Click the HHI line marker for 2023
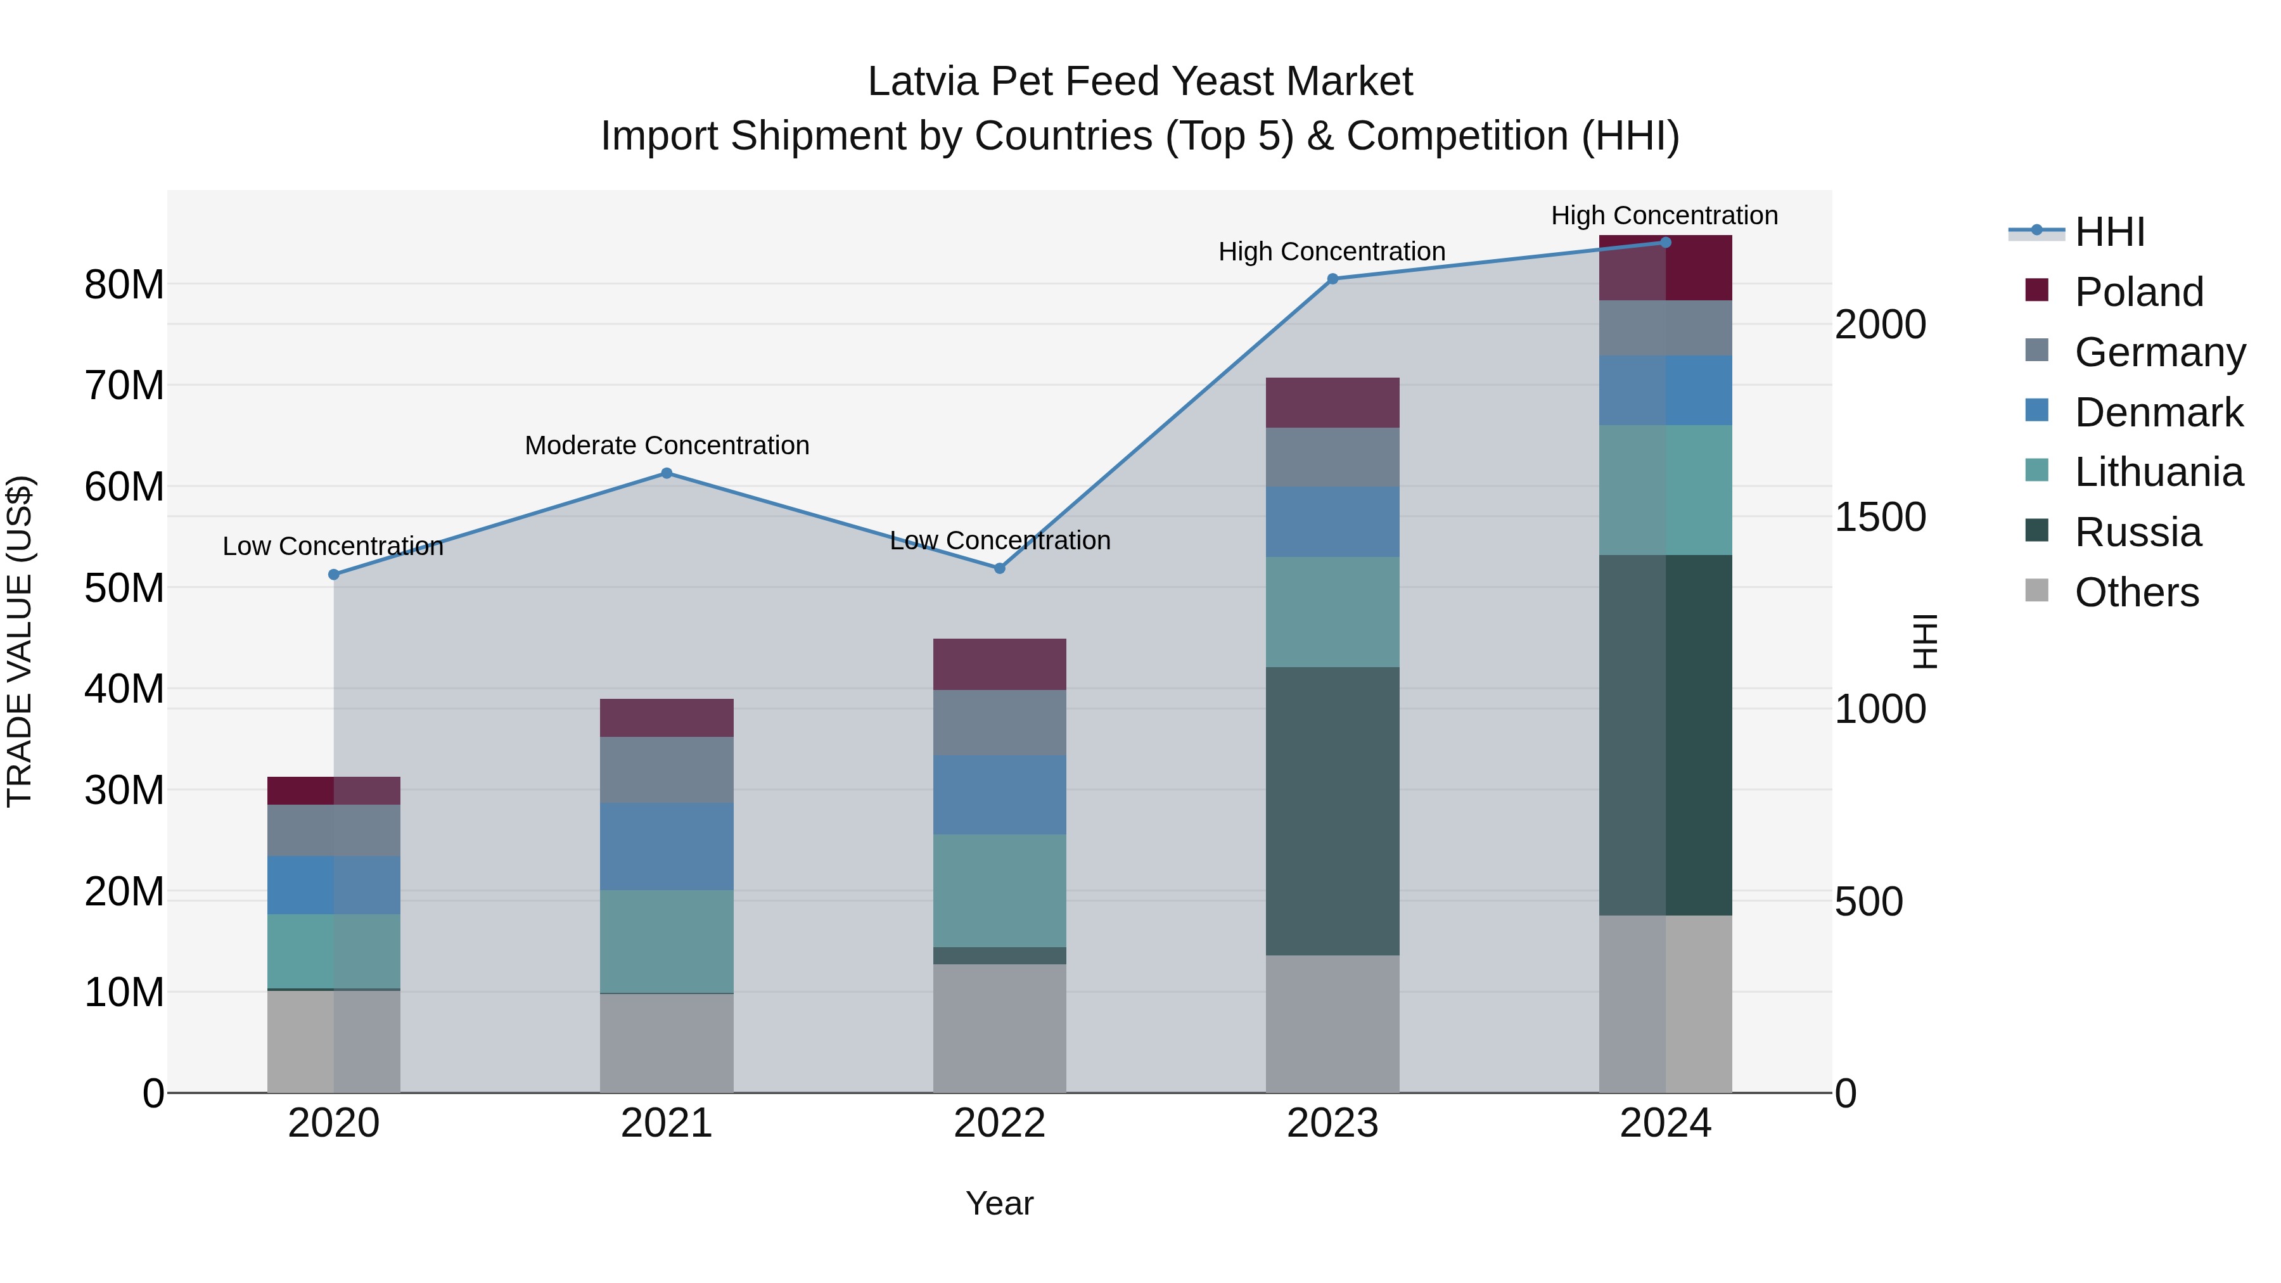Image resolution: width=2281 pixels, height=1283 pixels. point(1332,279)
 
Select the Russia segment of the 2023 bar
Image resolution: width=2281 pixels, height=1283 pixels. point(1332,810)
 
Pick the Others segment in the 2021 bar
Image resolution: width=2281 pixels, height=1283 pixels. point(667,1042)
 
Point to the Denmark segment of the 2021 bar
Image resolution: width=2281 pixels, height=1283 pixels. point(667,846)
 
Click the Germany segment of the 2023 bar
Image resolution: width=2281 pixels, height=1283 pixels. point(1332,457)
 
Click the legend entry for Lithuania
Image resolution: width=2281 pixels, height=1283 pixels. point(2158,472)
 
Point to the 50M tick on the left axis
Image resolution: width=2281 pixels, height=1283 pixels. point(124,588)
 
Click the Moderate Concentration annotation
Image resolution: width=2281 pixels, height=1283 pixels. point(667,445)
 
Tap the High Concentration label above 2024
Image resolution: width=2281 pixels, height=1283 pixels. point(1664,215)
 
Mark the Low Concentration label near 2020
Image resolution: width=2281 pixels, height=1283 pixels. point(332,546)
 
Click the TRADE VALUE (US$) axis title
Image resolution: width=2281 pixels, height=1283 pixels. point(20,641)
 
